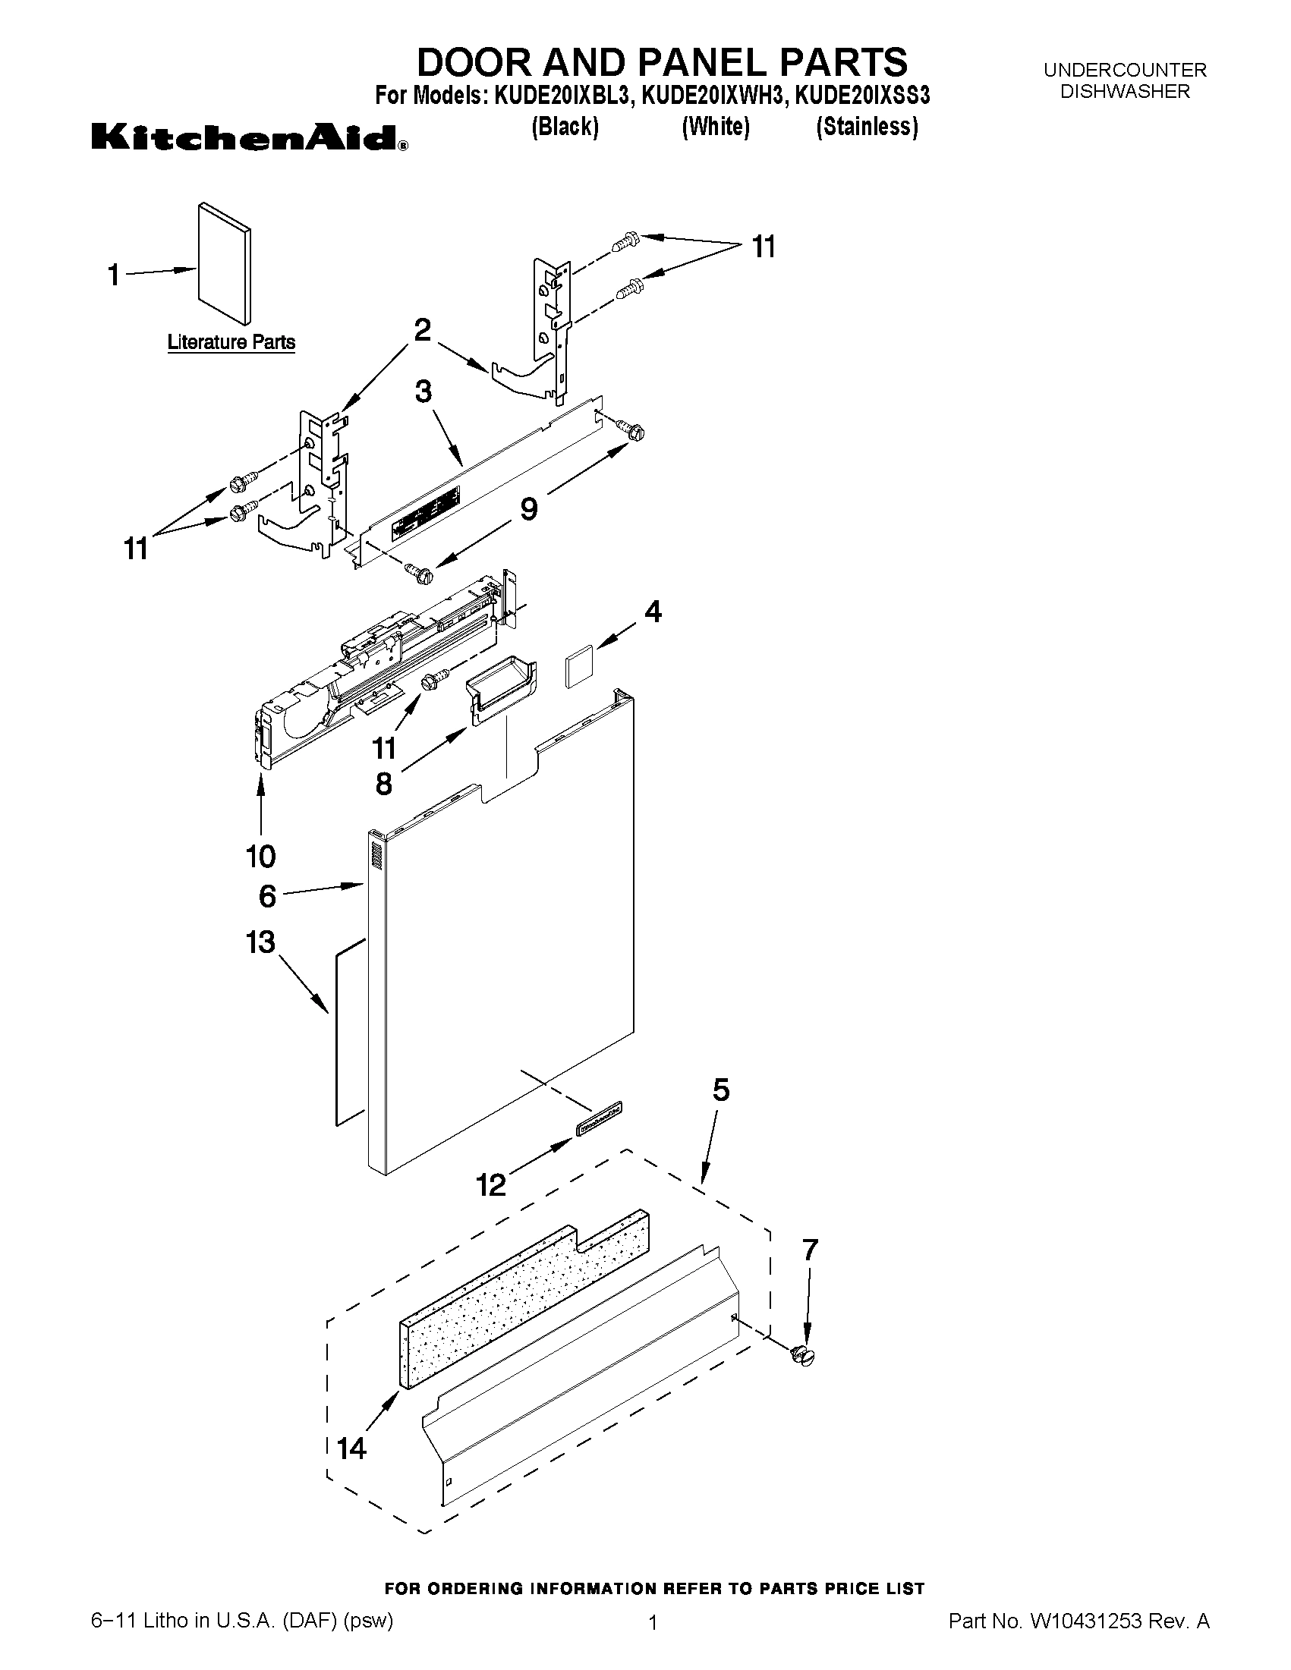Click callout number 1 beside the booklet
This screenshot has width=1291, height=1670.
tap(114, 275)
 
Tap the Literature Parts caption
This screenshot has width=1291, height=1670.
tap(231, 341)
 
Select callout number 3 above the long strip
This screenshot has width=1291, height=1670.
tap(423, 392)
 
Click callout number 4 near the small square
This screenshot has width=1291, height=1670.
tap(653, 612)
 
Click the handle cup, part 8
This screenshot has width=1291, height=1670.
tap(501, 688)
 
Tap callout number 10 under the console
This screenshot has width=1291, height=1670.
tap(260, 856)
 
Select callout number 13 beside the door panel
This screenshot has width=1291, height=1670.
tap(260, 942)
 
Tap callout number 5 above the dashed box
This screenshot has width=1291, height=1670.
tap(720, 1090)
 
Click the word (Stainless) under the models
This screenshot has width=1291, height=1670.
tap(867, 126)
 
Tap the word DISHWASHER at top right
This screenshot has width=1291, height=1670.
tap(1124, 91)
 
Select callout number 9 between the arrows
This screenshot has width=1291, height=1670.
tap(528, 508)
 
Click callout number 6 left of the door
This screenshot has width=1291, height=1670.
tap(267, 895)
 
